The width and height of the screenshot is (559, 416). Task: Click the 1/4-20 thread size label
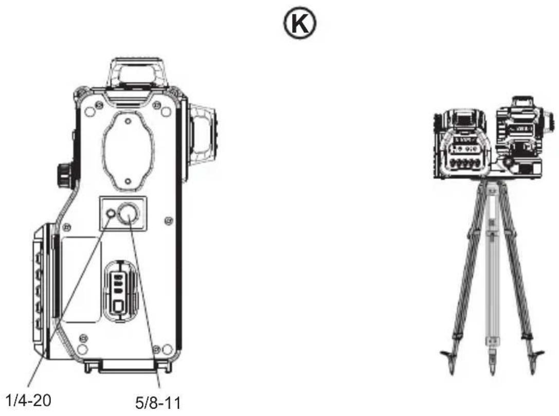tap(29, 400)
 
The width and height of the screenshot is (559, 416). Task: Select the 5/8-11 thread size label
tap(158, 403)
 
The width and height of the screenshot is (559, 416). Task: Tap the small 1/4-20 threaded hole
tap(111, 213)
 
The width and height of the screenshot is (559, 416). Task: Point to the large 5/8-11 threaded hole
tap(128, 213)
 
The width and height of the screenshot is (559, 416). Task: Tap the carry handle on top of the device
tap(138, 73)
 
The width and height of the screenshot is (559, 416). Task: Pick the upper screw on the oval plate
tap(128, 121)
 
